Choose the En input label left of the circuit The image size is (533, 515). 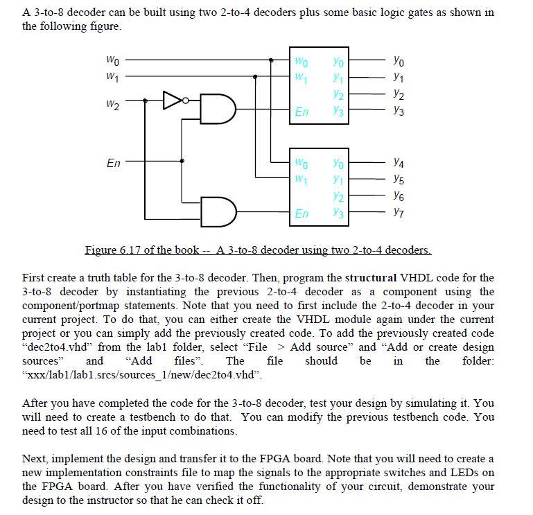(x=114, y=164)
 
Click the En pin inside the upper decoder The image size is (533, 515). (x=302, y=111)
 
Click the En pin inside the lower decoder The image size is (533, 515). (x=302, y=213)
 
